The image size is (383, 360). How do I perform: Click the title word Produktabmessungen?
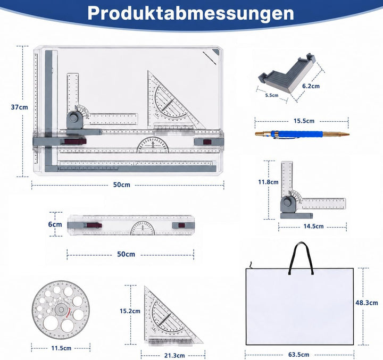191,13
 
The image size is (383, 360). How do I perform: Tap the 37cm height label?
19,107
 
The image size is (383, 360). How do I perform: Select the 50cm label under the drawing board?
122,185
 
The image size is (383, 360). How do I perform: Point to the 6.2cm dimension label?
311,86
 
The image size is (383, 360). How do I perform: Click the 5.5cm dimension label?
272,95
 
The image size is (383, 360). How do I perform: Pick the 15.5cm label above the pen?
304,121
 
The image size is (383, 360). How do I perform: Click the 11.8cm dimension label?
268,182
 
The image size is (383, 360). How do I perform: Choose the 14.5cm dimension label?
313,226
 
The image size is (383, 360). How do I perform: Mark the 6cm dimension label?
55,224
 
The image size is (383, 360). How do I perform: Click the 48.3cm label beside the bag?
367,303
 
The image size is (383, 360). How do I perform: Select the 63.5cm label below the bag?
299,354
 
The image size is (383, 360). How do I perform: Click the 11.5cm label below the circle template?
61,348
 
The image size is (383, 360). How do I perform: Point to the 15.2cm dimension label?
130,311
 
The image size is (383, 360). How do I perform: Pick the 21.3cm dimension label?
174,355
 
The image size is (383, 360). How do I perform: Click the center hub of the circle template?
61,309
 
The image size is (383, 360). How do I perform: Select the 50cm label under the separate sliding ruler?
126,254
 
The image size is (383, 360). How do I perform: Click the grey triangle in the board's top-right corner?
217,52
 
